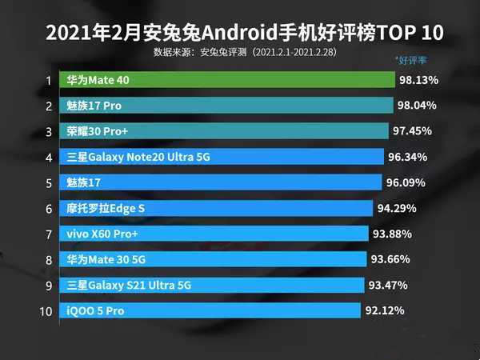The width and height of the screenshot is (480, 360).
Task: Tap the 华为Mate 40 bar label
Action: pyautogui.click(x=98, y=81)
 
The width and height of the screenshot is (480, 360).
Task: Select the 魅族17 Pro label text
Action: pyautogui.click(x=94, y=106)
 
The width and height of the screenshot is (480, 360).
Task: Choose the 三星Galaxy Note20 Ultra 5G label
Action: pyautogui.click(x=138, y=158)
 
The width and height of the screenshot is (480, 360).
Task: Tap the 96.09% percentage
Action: pyautogui.click(x=405, y=182)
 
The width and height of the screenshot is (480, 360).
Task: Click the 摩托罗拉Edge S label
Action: pyautogui.click(x=106, y=208)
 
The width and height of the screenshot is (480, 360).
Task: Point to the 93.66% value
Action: pyautogui.click(x=391, y=259)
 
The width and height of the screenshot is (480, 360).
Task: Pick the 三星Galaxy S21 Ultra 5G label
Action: pyautogui.click(x=129, y=285)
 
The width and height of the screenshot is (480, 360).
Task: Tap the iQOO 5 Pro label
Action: pyautogui.click(x=95, y=310)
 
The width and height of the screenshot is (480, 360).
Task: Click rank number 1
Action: pyautogui.click(x=48, y=81)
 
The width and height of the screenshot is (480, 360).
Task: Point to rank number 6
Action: pyautogui.click(x=48, y=208)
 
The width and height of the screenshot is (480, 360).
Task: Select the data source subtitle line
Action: pyautogui.click(x=240, y=52)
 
